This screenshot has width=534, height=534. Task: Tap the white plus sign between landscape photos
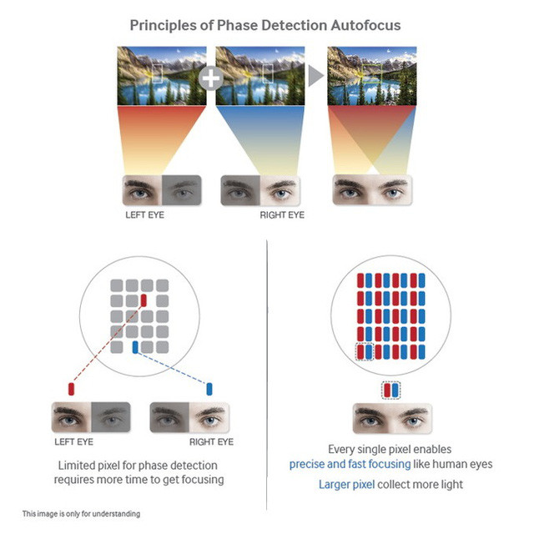(x=212, y=78)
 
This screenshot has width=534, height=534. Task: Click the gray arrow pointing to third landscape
(x=315, y=77)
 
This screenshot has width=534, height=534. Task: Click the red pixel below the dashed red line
(x=72, y=388)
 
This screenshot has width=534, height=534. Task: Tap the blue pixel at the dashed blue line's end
(x=209, y=388)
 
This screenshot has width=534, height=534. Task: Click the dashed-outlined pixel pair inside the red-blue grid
(x=365, y=352)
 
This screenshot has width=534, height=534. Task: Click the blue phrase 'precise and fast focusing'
(x=350, y=464)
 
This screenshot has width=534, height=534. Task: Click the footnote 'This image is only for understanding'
(x=81, y=514)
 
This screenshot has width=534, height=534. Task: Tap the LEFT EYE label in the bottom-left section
(x=73, y=442)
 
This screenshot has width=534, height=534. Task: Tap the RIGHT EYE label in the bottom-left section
(x=212, y=442)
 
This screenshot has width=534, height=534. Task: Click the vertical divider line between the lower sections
(x=266, y=375)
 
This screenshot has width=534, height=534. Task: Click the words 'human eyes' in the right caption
(x=463, y=464)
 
